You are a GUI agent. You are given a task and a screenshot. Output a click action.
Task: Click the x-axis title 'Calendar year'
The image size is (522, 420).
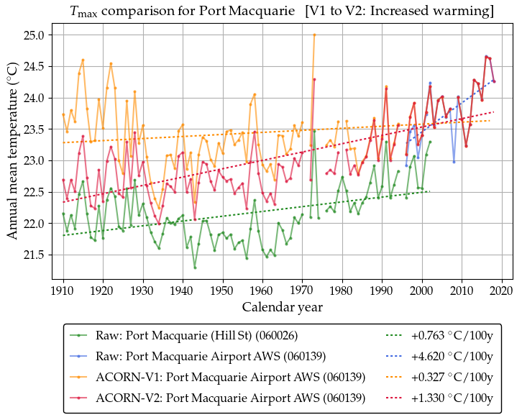pos(282,307)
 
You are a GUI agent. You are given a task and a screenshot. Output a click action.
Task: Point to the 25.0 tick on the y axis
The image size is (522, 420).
pos(35,35)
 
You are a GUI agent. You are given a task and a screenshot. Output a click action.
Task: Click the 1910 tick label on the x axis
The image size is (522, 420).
pos(63,291)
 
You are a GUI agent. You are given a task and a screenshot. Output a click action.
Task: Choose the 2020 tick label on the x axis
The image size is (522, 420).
pos(501,291)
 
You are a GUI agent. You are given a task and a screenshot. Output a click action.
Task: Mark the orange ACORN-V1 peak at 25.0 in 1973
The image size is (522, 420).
pos(314,35)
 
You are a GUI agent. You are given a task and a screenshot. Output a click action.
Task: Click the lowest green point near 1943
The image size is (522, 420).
pos(195,268)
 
